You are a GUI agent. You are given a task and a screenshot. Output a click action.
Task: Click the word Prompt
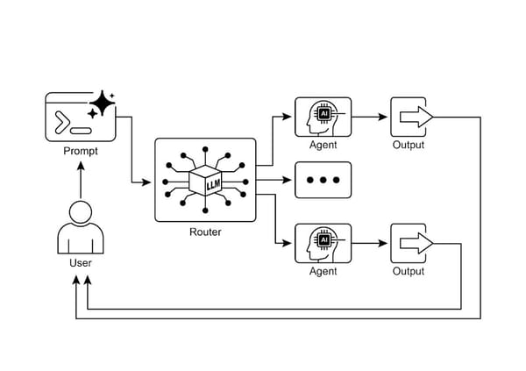tap(80, 151)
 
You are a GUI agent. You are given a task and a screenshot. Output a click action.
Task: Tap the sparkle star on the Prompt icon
tap(103, 104)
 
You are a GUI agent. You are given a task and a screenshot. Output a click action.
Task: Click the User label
tap(80, 262)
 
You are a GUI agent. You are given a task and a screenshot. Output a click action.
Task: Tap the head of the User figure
tap(80, 213)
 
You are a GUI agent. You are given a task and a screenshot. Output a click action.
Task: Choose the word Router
tap(205, 232)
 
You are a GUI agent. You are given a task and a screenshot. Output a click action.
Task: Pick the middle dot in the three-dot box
tap(323, 180)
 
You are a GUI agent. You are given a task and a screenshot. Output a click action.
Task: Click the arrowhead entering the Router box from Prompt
tap(148, 182)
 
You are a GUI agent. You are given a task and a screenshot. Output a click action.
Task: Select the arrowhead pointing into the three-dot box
tap(288, 180)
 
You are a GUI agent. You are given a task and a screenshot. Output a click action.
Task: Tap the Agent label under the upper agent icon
tap(323, 145)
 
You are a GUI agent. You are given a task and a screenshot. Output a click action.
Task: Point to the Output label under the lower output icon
tap(408, 272)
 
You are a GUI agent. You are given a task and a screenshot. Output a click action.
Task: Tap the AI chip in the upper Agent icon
tap(324, 113)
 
